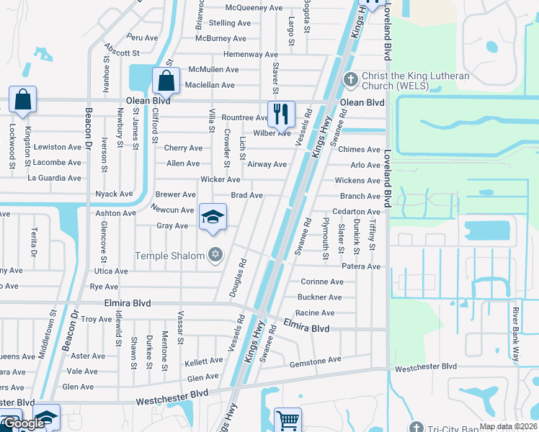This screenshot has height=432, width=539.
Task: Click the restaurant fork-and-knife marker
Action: (281, 114)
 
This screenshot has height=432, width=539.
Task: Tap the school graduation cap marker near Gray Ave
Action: (213, 217)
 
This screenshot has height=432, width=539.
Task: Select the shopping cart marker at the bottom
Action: (288, 420)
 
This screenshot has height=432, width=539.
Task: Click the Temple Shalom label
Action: (169, 255)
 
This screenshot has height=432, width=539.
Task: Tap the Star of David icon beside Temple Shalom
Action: (215, 255)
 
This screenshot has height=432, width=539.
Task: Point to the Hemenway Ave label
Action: (250, 55)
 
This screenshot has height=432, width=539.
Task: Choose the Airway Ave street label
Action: (267, 164)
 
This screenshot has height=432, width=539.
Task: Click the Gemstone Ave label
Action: (315, 360)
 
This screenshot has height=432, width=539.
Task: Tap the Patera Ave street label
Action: (361, 266)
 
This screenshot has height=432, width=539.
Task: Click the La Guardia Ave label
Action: (54, 178)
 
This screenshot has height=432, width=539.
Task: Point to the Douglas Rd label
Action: (239, 273)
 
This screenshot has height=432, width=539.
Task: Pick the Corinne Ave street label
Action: (321, 282)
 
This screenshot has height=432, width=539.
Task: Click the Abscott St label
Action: (121, 51)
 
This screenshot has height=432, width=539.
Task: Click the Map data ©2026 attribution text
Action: (508, 426)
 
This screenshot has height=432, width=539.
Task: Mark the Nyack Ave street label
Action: (114, 194)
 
